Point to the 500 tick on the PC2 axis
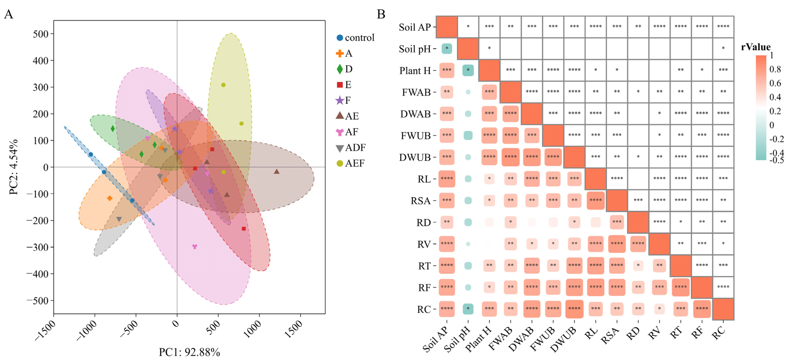point(41,34)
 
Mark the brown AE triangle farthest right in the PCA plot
point(277,171)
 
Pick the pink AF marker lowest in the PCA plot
point(195,246)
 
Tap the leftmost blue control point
point(91,154)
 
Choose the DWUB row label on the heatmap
point(415,157)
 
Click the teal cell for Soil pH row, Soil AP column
point(447,49)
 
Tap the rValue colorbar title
point(756,47)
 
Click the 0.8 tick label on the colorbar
point(775,69)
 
